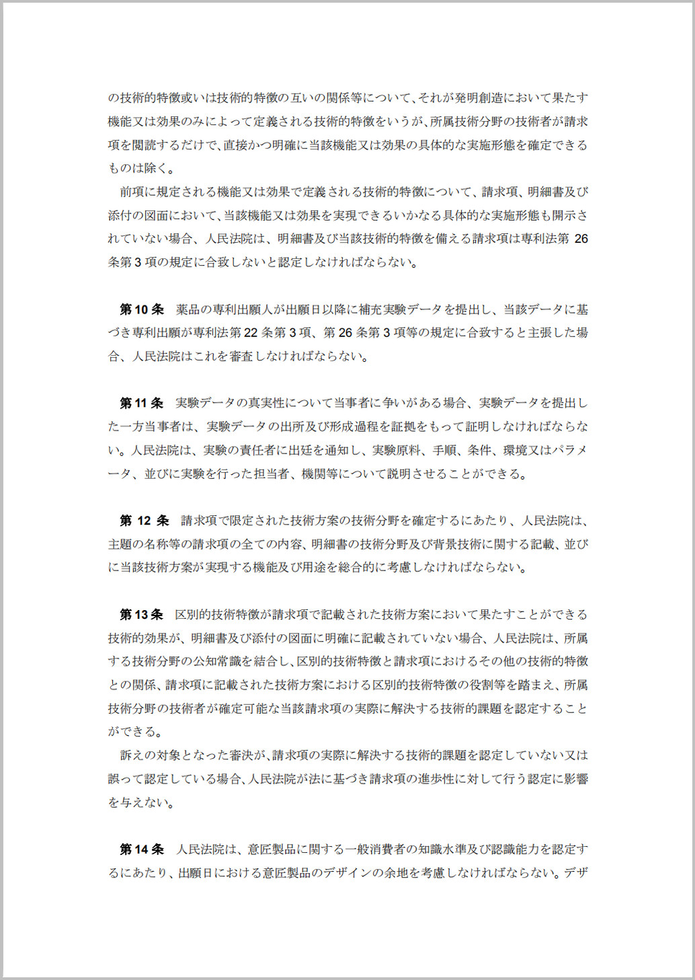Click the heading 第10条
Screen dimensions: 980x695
tap(142, 309)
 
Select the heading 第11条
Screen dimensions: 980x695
tap(142, 403)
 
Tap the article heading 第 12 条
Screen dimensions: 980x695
tap(144, 521)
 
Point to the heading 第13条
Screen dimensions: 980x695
tap(142, 614)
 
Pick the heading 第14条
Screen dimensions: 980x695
tap(142, 850)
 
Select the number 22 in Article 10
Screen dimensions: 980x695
tap(251, 333)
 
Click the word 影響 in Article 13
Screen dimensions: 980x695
tap(576, 779)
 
